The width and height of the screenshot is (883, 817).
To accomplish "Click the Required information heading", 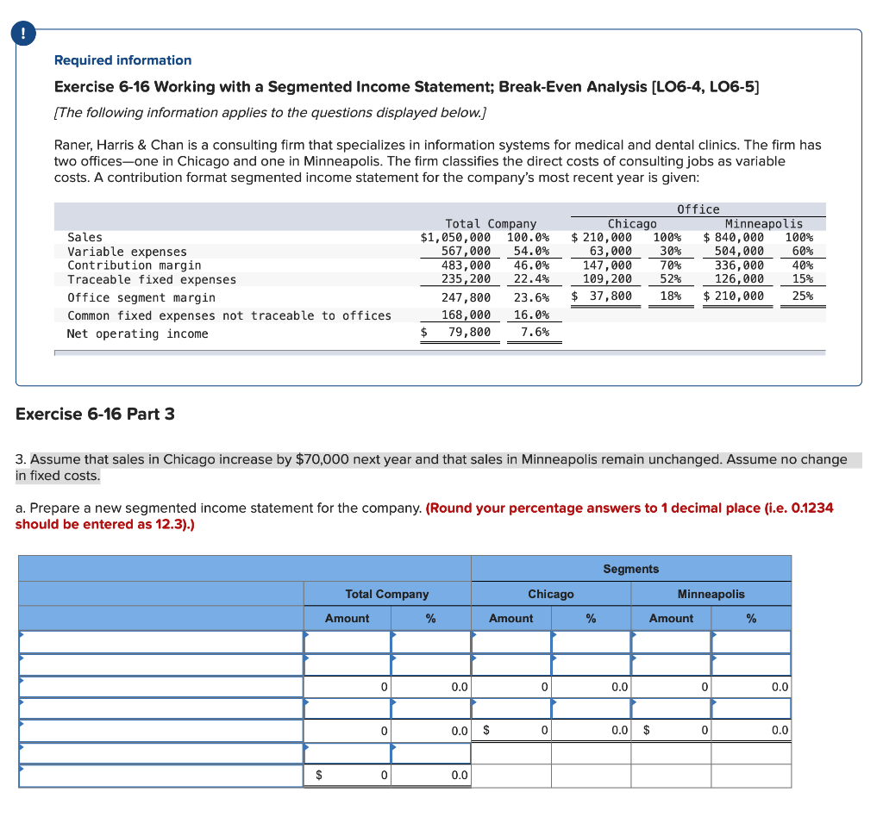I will (x=122, y=60).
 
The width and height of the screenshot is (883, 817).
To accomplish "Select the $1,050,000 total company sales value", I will (x=455, y=237).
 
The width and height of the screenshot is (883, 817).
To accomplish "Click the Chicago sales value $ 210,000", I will (x=602, y=237).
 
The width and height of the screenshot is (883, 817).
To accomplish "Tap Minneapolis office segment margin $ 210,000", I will (x=734, y=296).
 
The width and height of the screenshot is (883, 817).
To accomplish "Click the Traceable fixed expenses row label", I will (x=152, y=279).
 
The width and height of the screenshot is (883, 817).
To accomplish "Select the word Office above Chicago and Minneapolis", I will (x=698, y=209).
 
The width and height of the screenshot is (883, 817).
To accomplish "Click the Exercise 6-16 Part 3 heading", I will (x=95, y=414).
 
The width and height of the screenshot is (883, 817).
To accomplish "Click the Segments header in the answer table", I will (x=630, y=569).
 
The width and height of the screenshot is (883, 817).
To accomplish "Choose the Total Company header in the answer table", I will (x=386, y=594).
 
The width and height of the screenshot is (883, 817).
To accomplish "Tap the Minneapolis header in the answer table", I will (x=711, y=594).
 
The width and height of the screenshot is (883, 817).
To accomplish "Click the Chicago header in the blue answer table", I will (x=550, y=594).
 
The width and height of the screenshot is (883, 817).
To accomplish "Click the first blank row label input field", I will (x=161, y=642).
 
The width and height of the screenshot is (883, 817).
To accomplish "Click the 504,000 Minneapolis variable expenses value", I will (x=739, y=251).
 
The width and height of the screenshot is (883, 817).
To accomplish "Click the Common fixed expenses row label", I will (x=229, y=315).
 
